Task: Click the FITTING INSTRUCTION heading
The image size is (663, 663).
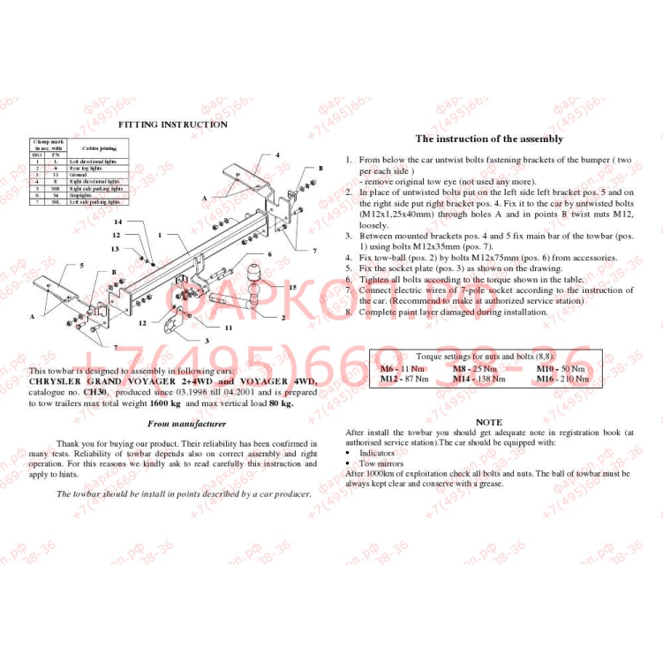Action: pos(173,124)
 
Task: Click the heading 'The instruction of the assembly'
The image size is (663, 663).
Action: pos(489,139)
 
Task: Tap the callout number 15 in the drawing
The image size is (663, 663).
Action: pos(291,288)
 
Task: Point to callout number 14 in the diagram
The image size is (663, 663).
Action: pos(117,222)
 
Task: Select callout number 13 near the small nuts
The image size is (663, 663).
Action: pos(115,249)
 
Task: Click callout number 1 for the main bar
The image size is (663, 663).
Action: pos(160,235)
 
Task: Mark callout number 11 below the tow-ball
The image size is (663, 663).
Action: pos(228,327)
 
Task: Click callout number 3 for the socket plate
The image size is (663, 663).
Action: pos(206,340)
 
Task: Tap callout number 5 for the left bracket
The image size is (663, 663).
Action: pos(81,265)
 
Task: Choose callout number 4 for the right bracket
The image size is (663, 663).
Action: pos(276,154)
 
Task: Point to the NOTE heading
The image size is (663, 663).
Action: pos(488,422)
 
